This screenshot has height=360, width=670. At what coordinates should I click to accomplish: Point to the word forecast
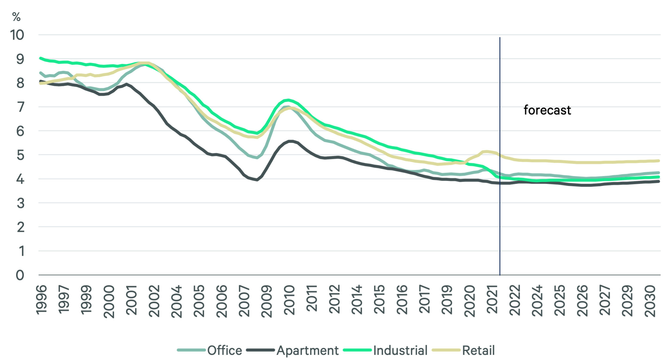pyautogui.click(x=547, y=110)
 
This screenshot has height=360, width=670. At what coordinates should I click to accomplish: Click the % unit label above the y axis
pyautogui.click(x=16, y=17)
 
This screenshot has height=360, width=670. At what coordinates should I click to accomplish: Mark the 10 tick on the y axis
pyautogui.click(x=17, y=35)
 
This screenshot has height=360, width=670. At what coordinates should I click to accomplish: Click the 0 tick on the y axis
pyautogui.click(x=20, y=275)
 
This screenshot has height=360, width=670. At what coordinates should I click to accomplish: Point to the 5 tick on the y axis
pyautogui.click(x=20, y=155)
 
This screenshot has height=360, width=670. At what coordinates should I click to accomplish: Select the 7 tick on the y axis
pyautogui.click(x=20, y=107)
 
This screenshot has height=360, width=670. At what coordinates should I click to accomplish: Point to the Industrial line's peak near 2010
pyautogui.click(x=288, y=100)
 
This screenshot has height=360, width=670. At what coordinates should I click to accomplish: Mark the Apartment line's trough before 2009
pyautogui.click(x=257, y=180)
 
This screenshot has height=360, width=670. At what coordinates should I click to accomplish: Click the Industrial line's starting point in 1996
pyautogui.click(x=41, y=58)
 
